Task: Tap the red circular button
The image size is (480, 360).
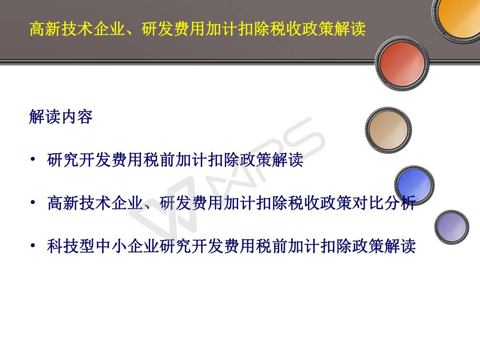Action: [402, 63]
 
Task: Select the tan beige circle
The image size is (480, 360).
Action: [388, 130]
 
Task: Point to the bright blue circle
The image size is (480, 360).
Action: [414, 185]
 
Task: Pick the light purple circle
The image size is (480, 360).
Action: [452, 227]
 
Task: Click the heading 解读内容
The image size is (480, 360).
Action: [61, 116]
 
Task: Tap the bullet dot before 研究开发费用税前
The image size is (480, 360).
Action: [33, 159]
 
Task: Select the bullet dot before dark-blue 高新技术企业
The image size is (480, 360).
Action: [33, 202]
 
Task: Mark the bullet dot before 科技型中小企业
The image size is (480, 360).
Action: [33, 246]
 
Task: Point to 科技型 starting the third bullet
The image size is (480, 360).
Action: [71, 246]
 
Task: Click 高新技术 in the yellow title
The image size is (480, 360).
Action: [62, 29]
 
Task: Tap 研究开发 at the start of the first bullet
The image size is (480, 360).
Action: [79, 160]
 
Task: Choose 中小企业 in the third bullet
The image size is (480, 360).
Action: [127, 246]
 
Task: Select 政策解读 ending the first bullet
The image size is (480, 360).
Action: [271, 160]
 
